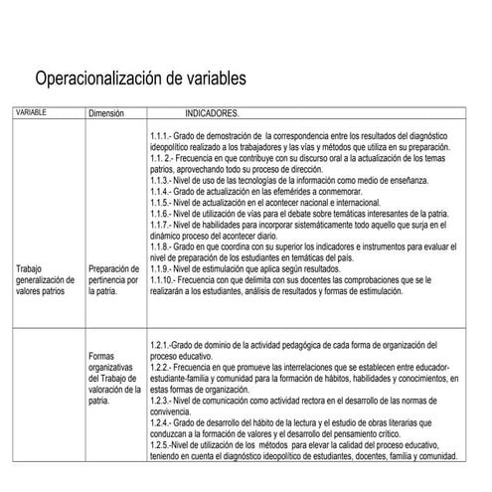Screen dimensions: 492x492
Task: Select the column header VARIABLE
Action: (33, 113)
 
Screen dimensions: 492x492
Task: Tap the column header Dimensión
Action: (105, 114)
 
